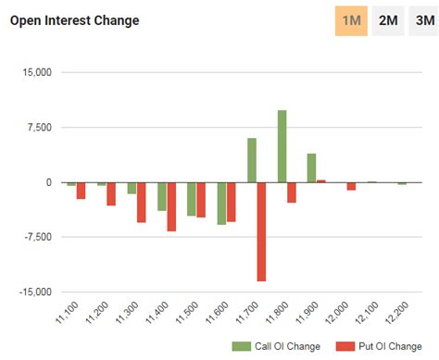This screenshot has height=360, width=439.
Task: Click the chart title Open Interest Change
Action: click(x=74, y=20)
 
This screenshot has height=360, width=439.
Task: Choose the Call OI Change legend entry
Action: click(x=283, y=346)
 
